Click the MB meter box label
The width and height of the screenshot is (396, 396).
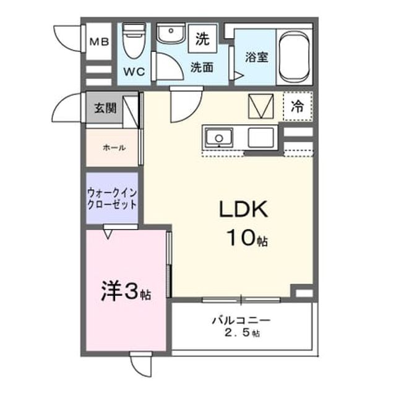(x=99, y=41)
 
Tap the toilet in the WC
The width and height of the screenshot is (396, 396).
(x=134, y=41)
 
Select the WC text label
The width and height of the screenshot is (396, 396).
(x=134, y=72)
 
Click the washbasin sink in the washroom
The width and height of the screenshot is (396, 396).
(x=171, y=33)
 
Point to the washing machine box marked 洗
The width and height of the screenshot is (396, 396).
(x=203, y=38)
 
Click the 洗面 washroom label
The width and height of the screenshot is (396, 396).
(x=202, y=67)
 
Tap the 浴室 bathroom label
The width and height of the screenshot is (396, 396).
(x=256, y=57)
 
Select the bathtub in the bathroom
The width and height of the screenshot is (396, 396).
(x=295, y=57)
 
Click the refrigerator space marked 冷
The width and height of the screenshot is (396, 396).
(x=298, y=106)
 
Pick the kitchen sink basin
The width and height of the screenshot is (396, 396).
(x=218, y=137)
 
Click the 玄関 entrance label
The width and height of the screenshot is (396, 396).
(x=105, y=108)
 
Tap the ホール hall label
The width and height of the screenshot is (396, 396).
(x=114, y=147)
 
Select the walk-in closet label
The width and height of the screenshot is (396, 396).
(x=112, y=199)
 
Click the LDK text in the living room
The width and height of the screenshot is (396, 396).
(x=243, y=209)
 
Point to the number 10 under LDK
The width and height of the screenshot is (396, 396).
(x=241, y=238)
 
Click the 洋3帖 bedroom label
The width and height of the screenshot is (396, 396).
(x=126, y=292)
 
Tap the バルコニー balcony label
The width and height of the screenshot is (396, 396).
(x=241, y=321)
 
